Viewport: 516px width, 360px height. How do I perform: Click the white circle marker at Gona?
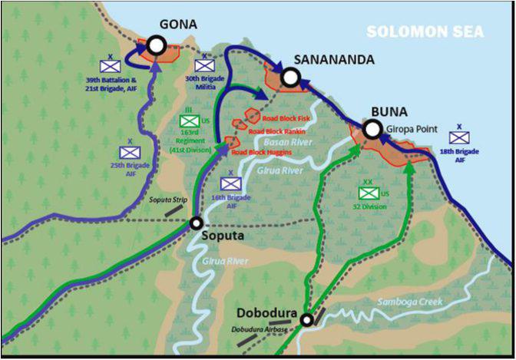(157, 46)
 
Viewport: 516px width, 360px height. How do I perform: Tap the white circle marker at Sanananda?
(289, 76)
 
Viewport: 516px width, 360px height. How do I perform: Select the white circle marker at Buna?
(372, 130)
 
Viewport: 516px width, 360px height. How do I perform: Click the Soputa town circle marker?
(197, 223)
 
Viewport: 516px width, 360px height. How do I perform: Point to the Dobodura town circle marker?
(307, 320)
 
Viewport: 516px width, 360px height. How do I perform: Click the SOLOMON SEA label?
(425, 31)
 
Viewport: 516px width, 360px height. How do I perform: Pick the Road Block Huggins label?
(264, 152)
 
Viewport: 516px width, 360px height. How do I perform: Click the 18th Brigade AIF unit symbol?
(459, 137)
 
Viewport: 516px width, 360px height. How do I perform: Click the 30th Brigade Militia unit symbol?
(205, 67)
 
